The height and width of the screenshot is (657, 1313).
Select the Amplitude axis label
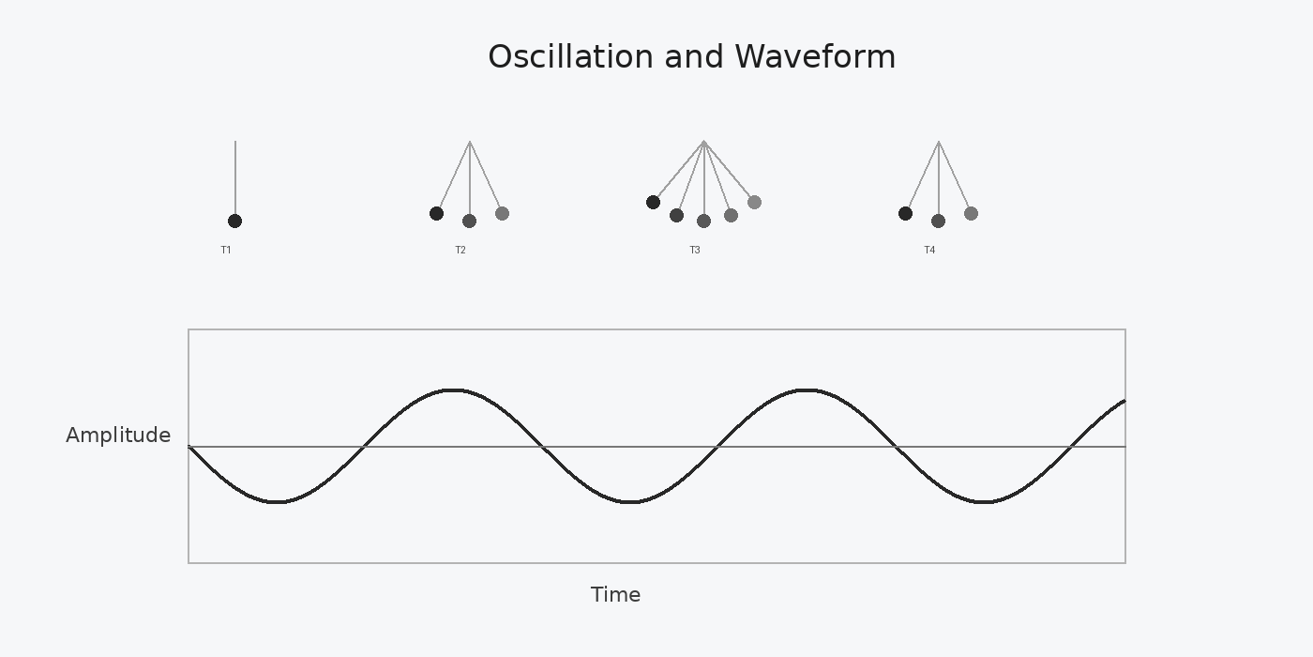tap(118, 435)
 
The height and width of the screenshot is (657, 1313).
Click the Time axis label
tap(615, 595)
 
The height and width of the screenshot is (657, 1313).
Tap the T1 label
tap(226, 251)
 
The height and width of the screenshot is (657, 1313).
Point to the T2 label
tap(460, 251)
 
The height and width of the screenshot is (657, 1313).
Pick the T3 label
tap(695, 251)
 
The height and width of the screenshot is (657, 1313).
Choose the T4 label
tap(929, 251)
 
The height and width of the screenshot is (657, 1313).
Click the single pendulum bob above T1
tap(234, 222)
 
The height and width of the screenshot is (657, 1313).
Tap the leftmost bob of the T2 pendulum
tap(436, 214)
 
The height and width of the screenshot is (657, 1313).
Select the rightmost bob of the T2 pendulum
tap(502, 214)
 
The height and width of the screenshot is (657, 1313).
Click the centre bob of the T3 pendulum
tap(703, 222)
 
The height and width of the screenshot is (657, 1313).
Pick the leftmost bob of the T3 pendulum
tap(653, 203)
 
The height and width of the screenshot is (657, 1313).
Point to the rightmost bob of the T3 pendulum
tap(754, 203)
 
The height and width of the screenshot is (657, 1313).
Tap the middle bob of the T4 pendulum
tap(938, 222)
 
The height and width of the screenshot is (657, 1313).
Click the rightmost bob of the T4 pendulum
tap(971, 214)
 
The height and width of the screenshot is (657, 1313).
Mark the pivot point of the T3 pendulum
tap(703, 142)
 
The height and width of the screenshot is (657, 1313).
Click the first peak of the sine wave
tap(453, 390)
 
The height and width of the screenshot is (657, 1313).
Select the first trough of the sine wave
tap(277, 502)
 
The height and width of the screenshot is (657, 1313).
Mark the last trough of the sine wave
tap(983, 502)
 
